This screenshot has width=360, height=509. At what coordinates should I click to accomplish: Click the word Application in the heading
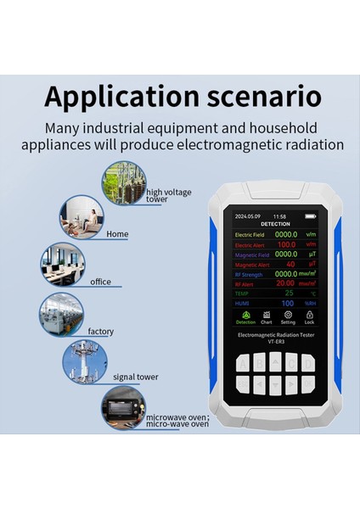point(115,95)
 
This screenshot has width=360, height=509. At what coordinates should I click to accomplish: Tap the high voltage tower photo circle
point(125,183)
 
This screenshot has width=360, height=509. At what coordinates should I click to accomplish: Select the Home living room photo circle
point(82,217)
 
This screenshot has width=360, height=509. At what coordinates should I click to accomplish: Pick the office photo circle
point(63,266)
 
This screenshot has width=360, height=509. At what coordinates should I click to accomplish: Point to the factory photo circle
point(61,315)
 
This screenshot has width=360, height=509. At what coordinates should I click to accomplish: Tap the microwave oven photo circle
point(123,407)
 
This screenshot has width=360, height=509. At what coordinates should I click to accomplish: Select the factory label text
point(99,332)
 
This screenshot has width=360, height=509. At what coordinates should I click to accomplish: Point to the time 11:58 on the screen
point(279,216)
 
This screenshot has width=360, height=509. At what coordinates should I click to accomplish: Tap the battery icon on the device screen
point(310,216)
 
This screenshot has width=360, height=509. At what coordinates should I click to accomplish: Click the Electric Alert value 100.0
point(286,244)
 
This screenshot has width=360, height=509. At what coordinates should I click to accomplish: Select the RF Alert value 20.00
point(285,283)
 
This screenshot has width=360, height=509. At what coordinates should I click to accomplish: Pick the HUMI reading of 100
point(288,303)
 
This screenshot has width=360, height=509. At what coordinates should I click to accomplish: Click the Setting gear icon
point(288,315)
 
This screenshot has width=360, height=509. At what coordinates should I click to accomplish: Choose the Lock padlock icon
point(310,315)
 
